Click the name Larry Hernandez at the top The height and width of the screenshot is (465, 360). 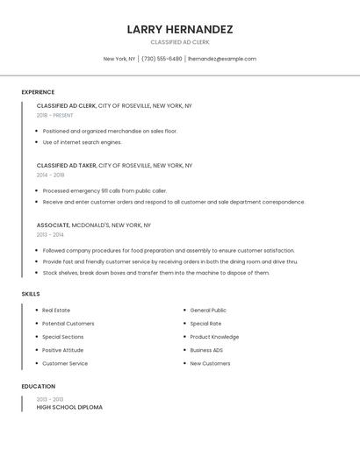tap(180, 29)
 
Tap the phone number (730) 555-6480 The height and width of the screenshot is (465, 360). tap(162, 59)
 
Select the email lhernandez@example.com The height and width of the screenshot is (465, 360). tap(222, 59)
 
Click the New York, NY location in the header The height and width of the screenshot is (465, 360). tap(119, 59)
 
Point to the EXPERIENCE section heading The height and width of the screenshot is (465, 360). tap(38, 92)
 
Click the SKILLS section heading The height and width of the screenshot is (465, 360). tap(31, 294)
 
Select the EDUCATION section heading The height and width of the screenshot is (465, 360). tap(39, 386)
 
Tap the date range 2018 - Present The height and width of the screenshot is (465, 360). tap(54, 115)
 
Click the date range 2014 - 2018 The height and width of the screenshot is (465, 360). tap(50, 175)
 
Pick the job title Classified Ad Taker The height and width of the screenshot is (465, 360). tap(66, 165)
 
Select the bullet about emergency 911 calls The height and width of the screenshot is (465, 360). tap(104, 190)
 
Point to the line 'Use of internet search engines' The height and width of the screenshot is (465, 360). tap(83, 142)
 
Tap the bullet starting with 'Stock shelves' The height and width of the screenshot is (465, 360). tap(155, 273)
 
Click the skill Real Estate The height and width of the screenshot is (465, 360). tap(56, 311)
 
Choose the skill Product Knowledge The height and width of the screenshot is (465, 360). tap(214, 337)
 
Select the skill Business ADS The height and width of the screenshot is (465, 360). tap(206, 350)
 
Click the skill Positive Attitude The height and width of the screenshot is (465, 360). tap(63, 350)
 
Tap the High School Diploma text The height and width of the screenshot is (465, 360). tap(69, 407)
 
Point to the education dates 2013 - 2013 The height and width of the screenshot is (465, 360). tap(50, 399)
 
